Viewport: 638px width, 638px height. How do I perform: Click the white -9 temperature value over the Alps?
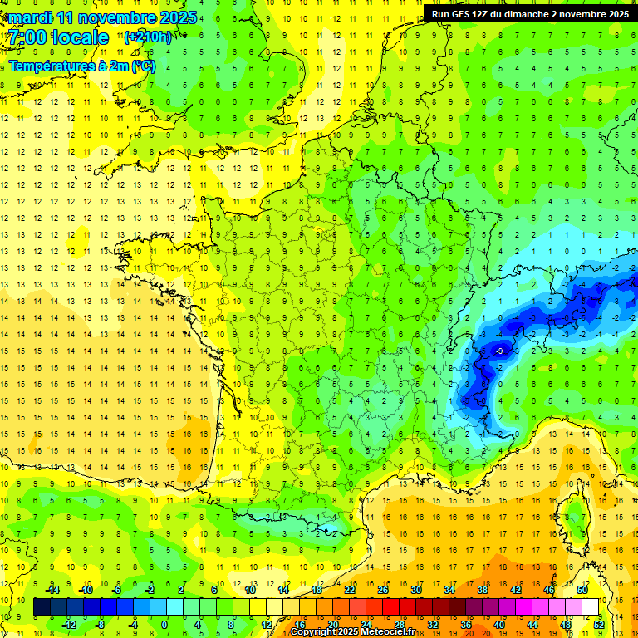498,351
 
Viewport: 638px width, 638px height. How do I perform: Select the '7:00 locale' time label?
59,38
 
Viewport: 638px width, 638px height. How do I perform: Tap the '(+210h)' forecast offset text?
148,37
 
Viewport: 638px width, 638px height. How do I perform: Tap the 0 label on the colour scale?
164,624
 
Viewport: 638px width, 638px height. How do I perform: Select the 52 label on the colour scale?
599,624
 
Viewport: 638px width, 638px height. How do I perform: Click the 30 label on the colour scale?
415,589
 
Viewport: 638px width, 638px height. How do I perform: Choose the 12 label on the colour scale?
267,624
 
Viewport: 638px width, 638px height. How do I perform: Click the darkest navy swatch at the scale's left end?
42,607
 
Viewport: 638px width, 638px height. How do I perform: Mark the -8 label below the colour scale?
100,624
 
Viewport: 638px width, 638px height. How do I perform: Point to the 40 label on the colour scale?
498,624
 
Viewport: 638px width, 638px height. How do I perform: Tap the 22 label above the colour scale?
350,589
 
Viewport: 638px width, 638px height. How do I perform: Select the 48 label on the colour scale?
566,624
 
